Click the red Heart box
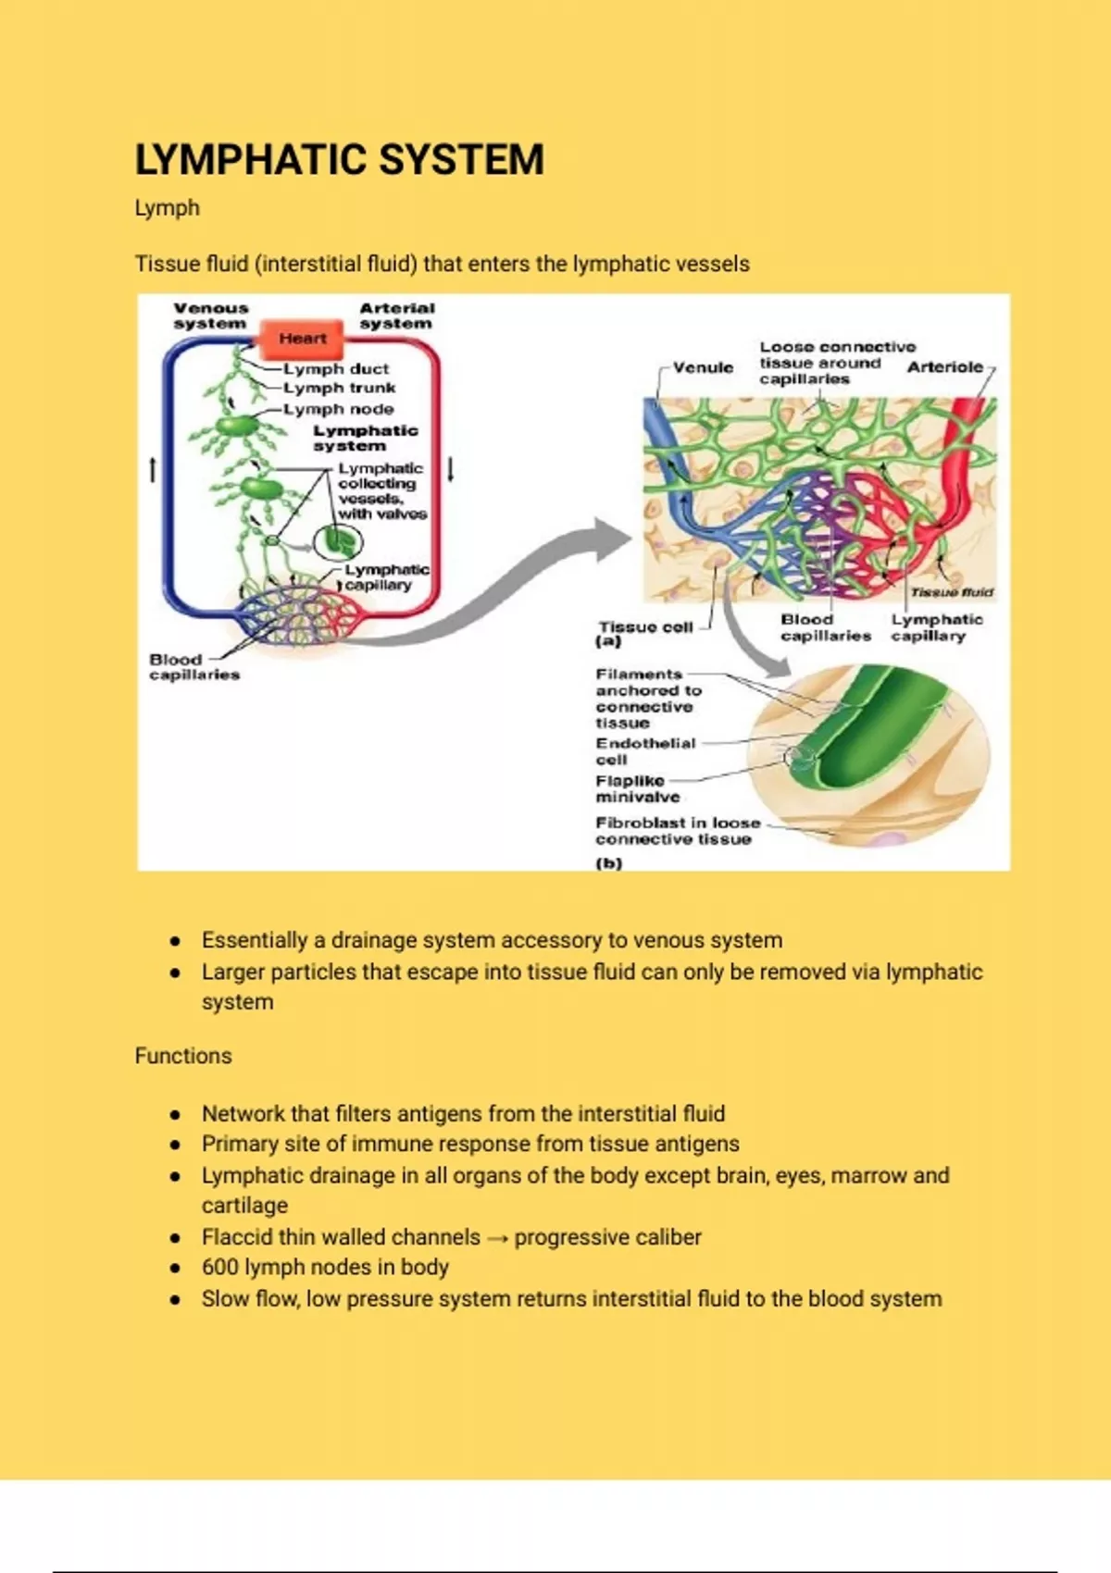(x=303, y=339)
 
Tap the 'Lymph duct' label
(x=336, y=368)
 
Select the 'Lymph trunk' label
(x=340, y=388)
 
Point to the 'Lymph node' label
(x=339, y=408)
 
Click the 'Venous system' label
(x=211, y=316)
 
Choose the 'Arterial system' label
(x=396, y=316)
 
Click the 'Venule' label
(x=703, y=367)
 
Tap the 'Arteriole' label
(x=944, y=367)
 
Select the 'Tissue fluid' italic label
(x=951, y=592)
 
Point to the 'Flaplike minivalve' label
(x=637, y=788)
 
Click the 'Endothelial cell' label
(x=644, y=750)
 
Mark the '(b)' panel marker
(x=608, y=863)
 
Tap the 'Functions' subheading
(x=183, y=1056)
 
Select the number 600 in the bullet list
(x=220, y=1267)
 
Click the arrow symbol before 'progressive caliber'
(x=497, y=1238)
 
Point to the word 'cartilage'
(x=244, y=1205)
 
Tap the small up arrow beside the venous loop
(x=153, y=469)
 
